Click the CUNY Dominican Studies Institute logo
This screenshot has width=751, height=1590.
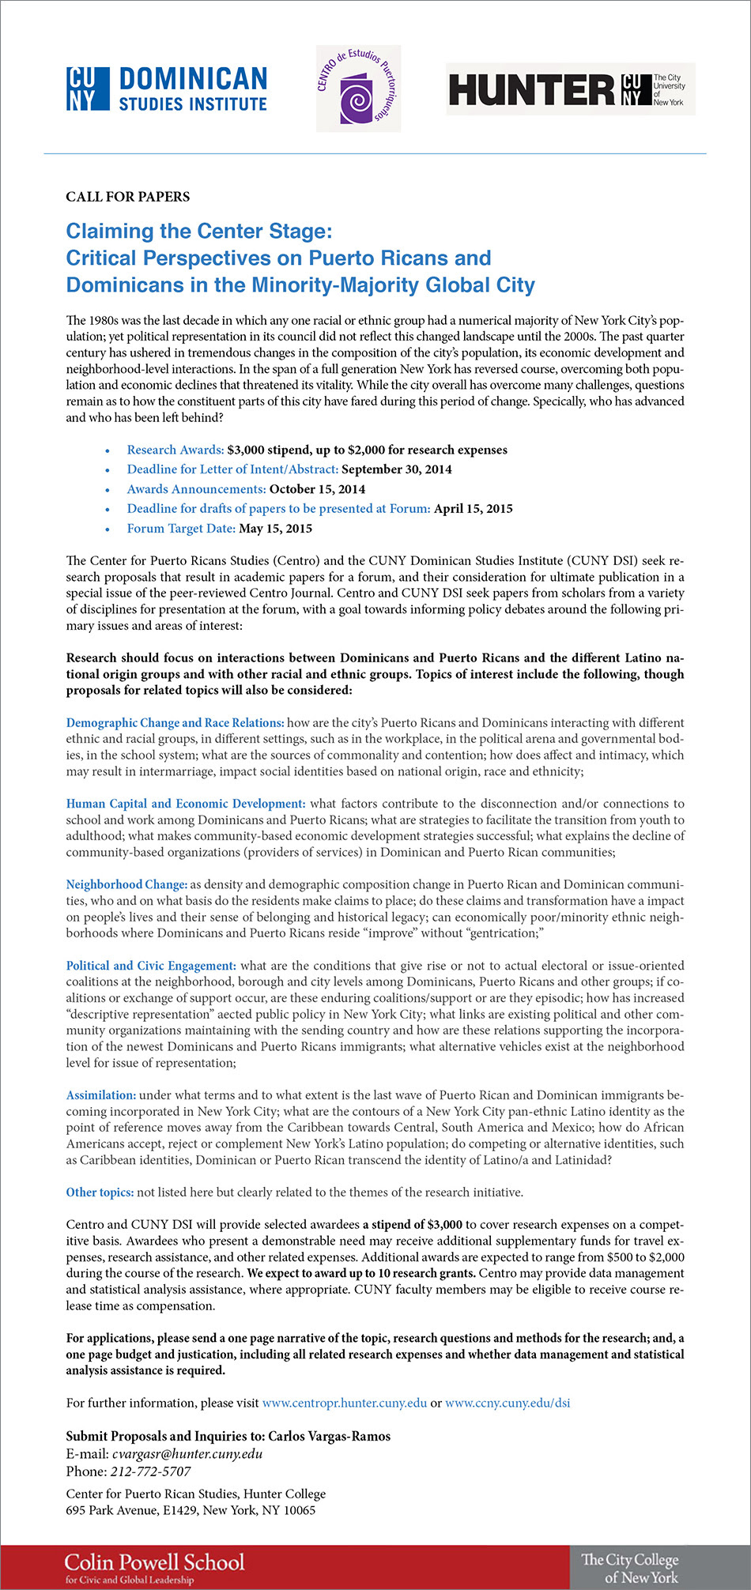point(167,89)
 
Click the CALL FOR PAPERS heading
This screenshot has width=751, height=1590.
point(128,197)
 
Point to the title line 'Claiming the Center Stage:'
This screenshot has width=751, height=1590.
point(199,232)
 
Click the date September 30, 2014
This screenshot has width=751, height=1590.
point(397,469)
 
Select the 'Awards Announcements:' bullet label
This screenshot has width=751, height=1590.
point(196,489)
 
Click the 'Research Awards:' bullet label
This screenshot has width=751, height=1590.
point(175,450)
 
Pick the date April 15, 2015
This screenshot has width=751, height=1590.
point(473,509)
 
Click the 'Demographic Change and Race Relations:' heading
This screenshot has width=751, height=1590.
point(175,723)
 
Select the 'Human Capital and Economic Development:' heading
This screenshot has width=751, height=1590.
point(186,804)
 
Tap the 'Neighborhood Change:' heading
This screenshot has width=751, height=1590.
point(126,885)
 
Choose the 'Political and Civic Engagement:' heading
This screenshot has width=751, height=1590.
point(151,966)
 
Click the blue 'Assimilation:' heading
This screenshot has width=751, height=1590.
point(101,1095)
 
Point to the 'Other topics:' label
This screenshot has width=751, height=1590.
point(100,1192)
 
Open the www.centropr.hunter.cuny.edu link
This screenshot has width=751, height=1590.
point(344,1403)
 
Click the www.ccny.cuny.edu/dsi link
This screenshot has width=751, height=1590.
point(507,1403)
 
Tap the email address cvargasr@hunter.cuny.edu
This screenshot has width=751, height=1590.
point(187,1454)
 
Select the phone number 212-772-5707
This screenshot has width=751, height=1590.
point(151,1471)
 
